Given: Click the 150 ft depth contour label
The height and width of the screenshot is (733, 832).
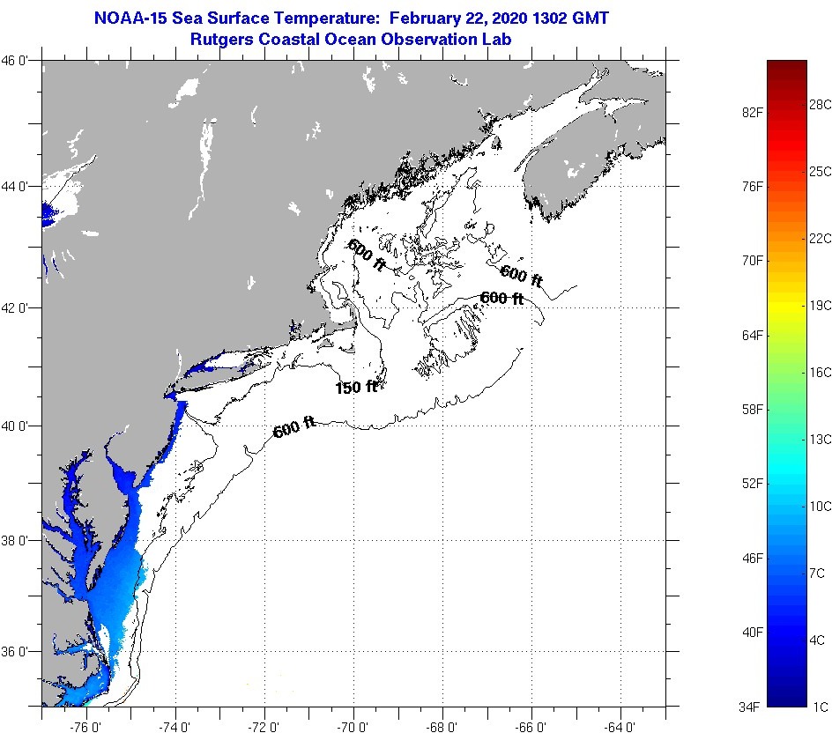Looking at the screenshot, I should coord(356,387).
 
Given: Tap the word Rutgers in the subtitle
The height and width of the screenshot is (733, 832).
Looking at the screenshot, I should coord(224,39).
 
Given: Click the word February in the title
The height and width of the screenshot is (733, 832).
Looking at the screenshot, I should coord(427,18).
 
